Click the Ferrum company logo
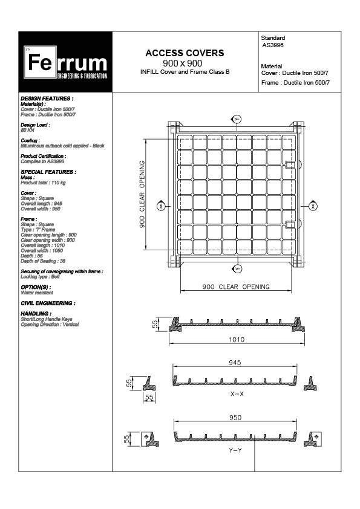click(66, 62)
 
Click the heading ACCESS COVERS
click(185, 53)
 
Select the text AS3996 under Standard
click(273, 45)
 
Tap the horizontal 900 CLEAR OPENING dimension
click(236, 287)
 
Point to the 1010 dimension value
click(236, 340)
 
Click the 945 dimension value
click(235, 363)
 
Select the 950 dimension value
click(235, 417)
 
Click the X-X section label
click(237, 394)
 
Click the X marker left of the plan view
click(161, 206)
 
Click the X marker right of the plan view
click(312, 206)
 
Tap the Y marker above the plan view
click(237, 119)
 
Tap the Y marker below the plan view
click(237, 268)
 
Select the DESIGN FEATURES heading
click(47, 98)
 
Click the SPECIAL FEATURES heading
click(48, 172)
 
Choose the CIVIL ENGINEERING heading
click(48, 303)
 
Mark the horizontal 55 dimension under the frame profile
click(149, 397)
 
